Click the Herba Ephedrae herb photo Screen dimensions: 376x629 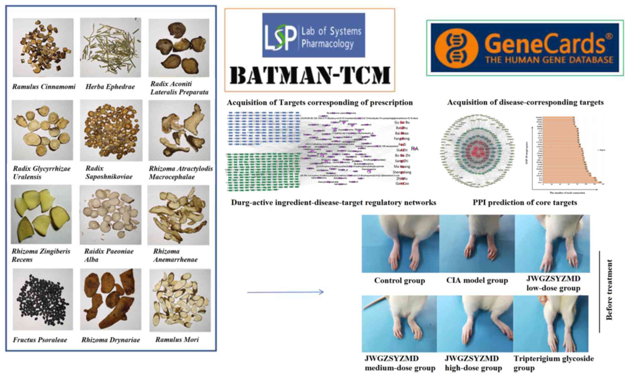pyautogui.click(x=111, y=47)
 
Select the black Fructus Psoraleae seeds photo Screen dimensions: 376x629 pyautogui.click(x=43, y=299)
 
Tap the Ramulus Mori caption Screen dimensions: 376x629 pyautogui.click(x=177, y=339)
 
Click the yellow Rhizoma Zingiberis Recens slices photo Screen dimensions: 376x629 pyautogui.click(x=41, y=214)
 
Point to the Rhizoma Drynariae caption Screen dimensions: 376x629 pyautogui.click(x=111, y=340)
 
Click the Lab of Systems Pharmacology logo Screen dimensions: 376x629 pyautogui.click(x=313, y=35)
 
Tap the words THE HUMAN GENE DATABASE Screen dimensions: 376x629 pyautogui.click(x=549, y=60)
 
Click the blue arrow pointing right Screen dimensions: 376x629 pyautogui.click(x=285, y=292)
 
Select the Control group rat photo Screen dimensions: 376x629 pyautogui.click(x=400, y=244)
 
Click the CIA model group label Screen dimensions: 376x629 pyautogui.click(x=477, y=280)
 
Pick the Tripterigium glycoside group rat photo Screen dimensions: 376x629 pyautogui.click(x=551, y=323)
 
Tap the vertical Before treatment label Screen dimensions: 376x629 pyautogui.click(x=609, y=290)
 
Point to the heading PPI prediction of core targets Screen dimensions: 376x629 pyautogui.click(x=525, y=203)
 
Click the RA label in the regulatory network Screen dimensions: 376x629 pyautogui.click(x=414, y=149)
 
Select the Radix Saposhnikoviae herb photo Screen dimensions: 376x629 pyautogui.click(x=111, y=130)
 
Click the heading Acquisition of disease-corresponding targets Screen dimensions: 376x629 pyautogui.click(x=525, y=102)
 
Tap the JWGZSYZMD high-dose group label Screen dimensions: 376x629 pyautogui.click(x=473, y=363)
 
